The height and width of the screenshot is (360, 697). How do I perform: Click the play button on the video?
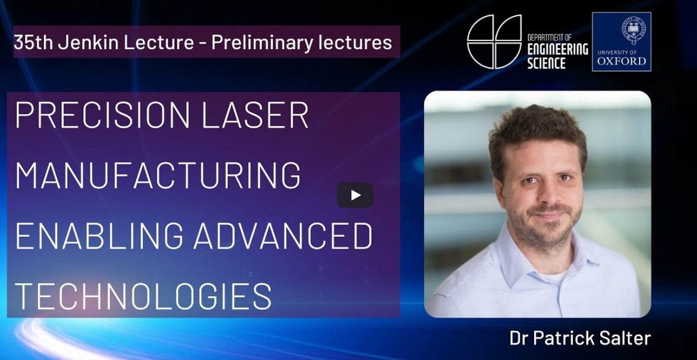pos(355,195)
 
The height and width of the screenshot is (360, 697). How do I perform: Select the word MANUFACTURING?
pos(157,175)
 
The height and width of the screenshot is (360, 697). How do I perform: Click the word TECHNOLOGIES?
pos(143,296)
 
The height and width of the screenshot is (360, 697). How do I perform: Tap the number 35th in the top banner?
pos(33,42)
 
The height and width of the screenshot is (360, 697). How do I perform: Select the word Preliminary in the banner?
pos(260,42)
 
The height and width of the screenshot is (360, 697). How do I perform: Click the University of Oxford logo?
pos(621,42)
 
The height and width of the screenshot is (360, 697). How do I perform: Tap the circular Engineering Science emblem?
pos(494,42)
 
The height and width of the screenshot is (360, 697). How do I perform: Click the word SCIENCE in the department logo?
pos(546,63)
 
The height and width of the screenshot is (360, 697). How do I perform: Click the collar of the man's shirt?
pos(519,254)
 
